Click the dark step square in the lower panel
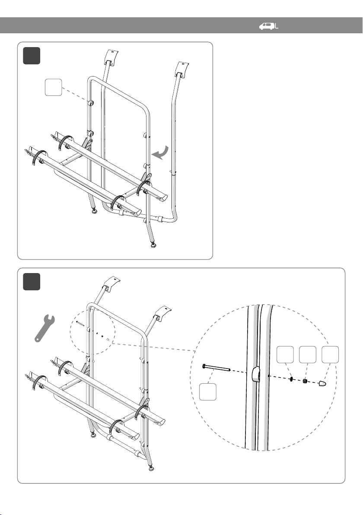32,282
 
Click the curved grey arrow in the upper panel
159,154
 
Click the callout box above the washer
286,354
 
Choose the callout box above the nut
308,354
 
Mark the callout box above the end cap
331,354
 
